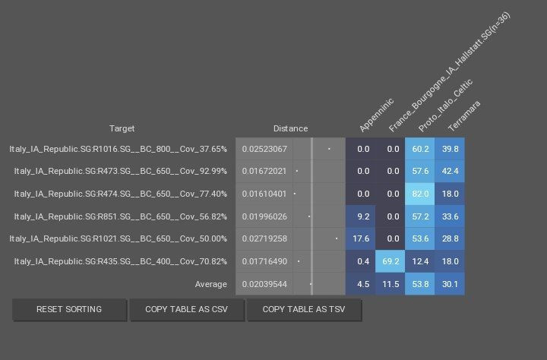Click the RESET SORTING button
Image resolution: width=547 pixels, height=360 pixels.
coord(69,310)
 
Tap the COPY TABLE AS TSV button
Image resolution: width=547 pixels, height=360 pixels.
coord(304,310)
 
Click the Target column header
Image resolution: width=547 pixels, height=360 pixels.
coord(122,128)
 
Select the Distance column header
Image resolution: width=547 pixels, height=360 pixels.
coord(290,128)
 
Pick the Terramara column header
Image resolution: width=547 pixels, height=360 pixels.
coord(463,115)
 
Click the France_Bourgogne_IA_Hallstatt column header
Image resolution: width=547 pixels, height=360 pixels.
coord(448,72)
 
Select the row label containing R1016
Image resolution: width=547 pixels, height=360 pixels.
coord(118,149)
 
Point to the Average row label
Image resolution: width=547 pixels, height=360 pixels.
coord(210,284)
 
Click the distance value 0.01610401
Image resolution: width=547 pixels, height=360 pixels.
coord(264,194)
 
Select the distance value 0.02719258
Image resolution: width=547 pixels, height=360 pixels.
coord(264,238)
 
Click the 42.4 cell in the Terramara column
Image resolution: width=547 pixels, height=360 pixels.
coord(450,171)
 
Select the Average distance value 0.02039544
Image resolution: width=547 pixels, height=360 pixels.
coord(264,284)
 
